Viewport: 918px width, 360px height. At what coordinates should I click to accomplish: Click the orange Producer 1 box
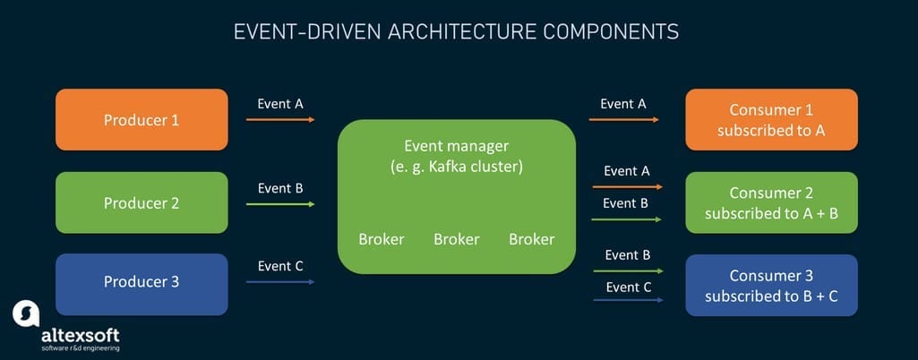coord(142,119)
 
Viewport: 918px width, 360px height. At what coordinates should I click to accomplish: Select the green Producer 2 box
coord(142,202)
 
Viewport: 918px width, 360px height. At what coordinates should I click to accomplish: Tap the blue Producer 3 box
coord(142,283)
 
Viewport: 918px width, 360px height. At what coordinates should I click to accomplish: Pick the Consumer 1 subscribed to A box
coord(771,119)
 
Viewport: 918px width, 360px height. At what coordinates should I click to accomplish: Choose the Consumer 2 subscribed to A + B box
coord(771,202)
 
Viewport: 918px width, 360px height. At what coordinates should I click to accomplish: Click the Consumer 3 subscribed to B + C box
coord(771,285)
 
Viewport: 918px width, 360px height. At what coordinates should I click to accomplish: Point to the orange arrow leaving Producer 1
coord(280,119)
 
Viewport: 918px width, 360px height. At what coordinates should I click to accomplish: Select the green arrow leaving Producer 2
coord(280,204)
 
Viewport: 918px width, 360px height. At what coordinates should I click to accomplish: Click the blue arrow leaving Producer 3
coord(280,282)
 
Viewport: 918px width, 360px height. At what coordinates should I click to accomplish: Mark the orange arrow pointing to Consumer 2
coord(626,187)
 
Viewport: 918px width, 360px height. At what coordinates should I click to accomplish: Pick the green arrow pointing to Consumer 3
coord(626,270)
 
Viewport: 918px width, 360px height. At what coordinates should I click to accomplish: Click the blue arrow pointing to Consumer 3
coord(626,300)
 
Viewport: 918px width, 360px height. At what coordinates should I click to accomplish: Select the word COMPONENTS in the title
coord(619,32)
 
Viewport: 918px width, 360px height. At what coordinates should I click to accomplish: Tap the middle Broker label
coord(456,239)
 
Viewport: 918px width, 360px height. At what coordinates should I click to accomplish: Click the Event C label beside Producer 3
coord(280,266)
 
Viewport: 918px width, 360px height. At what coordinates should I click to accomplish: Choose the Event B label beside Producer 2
coord(280,188)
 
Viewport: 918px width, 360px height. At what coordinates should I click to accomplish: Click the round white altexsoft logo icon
coord(26,313)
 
